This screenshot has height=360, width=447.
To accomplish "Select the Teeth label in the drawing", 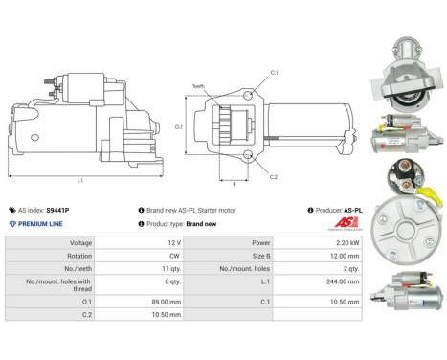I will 226,86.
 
